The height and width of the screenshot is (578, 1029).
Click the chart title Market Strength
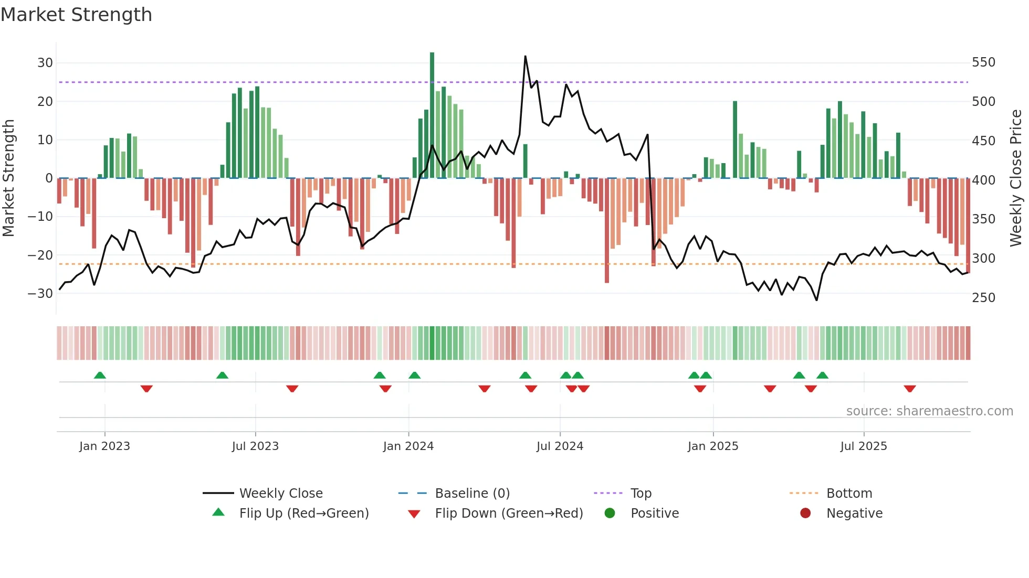76,15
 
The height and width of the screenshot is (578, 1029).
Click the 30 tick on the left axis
45,63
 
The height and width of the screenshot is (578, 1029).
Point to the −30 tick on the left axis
40,294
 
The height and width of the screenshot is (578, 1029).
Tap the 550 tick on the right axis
983,62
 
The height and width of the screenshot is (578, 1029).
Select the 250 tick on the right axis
983,297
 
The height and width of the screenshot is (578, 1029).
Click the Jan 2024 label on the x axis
408,446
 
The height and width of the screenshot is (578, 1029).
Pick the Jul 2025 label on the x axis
863,446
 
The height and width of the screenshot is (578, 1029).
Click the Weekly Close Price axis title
1016,178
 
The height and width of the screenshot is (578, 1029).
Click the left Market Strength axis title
8,178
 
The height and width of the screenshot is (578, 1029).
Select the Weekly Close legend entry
281,494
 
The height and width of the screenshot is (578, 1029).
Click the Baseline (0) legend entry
472,494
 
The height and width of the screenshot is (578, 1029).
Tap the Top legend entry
640,494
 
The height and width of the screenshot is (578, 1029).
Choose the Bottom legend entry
849,494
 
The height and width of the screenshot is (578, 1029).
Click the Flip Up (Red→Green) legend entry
303,513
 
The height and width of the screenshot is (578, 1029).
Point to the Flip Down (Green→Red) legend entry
509,513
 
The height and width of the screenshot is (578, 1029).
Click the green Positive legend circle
610,513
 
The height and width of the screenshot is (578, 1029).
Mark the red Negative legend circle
805,513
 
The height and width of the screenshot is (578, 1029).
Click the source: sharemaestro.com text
929,411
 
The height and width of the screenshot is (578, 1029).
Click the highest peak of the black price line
525,57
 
